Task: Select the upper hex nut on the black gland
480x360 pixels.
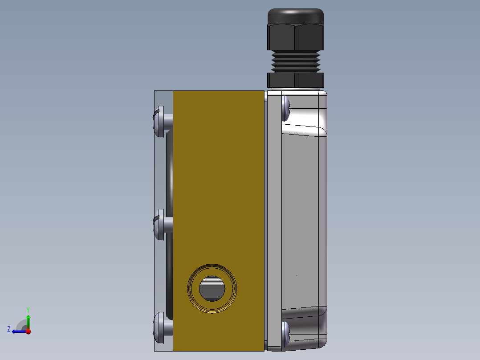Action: pyautogui.click(x=296, y=37)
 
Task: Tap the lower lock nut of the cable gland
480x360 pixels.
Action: pyautogui.click(x=295, y=80)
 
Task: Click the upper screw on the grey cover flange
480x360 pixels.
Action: pyautogui.click(x=286, y=108)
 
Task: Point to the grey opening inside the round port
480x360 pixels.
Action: pyautogui.click(x=212, y=289)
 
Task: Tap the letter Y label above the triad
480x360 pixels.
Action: pyautogui.click(x=28, y=309)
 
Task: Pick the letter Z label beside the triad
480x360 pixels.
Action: pyautogui.click(x=9, y=329)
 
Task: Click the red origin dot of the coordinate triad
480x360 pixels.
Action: pyautogui.click(x=28, y=331)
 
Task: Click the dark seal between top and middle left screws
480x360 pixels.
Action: pyautogui.click(x=169, y=172)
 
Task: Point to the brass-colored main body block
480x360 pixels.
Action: pyautogui.click(x=218, y=178)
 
